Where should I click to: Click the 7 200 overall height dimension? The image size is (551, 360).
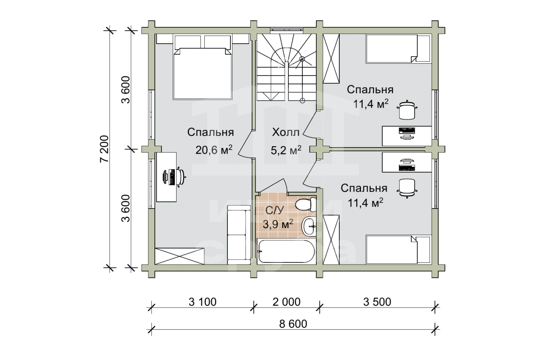104,148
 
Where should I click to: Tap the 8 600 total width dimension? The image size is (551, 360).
293,324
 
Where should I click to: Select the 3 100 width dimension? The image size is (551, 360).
203,302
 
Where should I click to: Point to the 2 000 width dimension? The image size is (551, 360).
286,302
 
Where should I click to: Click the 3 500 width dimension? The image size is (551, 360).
377,302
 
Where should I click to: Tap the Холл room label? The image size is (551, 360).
285,132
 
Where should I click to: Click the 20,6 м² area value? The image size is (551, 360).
214,150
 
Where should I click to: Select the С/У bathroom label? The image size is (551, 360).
275,210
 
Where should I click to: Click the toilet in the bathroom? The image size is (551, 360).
305,204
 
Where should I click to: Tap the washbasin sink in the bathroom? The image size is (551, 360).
309,226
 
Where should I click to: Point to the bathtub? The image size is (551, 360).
285,251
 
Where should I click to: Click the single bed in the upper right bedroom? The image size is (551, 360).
398,49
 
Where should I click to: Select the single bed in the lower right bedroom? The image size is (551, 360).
398,249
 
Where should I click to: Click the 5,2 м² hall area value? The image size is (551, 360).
286,150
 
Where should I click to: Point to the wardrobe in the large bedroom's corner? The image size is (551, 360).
180,256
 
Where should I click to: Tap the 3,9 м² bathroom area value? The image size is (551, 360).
278,224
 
